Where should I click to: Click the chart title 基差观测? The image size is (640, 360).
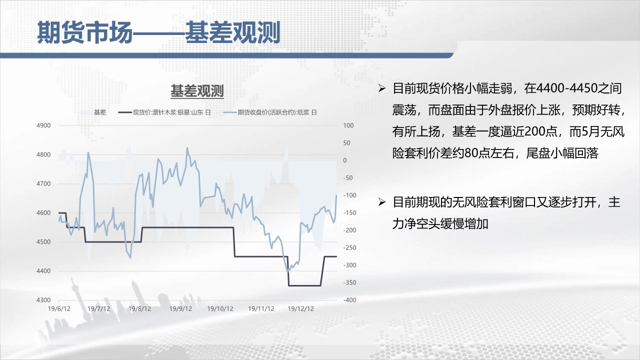197,91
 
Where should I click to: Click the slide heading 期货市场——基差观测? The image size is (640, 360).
158,32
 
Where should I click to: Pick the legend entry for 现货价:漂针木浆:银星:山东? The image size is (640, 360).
164,112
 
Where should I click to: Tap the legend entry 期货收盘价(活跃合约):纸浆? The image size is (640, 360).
270,112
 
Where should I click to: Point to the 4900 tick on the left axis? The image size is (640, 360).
43,125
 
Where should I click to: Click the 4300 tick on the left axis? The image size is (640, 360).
43,300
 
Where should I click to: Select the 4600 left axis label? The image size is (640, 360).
43,213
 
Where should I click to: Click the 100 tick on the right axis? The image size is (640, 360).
348,125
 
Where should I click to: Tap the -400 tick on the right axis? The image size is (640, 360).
349,300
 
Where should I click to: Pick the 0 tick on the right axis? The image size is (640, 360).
345,160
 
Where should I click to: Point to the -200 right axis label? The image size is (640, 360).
349,230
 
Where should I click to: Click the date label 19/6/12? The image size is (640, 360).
59,309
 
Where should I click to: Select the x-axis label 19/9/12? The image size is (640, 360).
180,309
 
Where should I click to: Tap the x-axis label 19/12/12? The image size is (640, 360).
300,309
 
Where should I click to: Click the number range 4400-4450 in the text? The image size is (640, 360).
567,88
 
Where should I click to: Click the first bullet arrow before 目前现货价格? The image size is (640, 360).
381,88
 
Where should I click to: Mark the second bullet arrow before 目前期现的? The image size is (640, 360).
381,202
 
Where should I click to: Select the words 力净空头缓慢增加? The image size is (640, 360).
440,223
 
